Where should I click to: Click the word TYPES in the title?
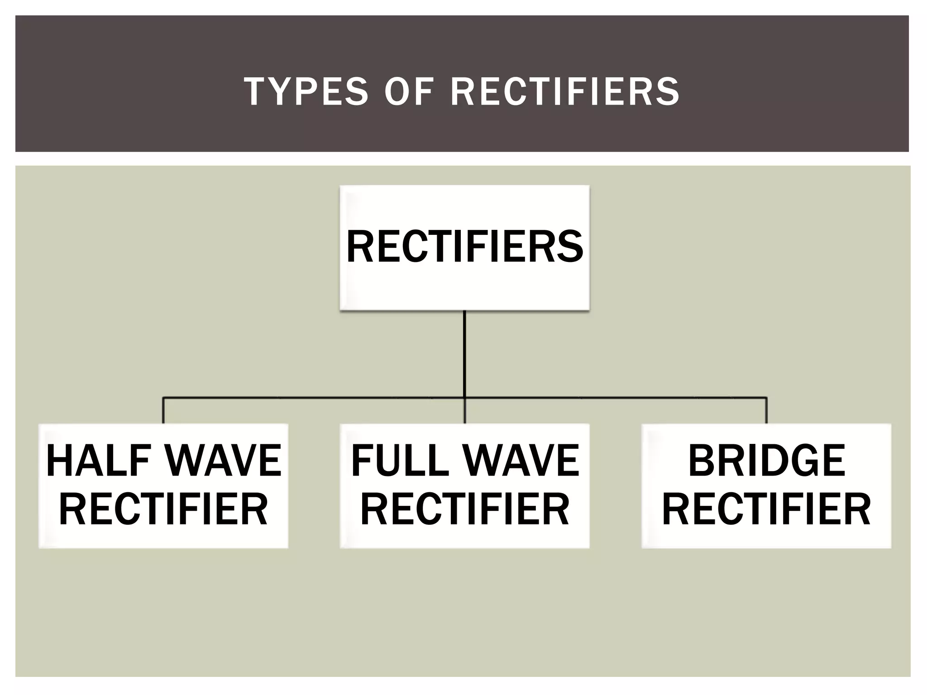[x=306, y=91]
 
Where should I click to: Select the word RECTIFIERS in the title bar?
[x=565, y=91]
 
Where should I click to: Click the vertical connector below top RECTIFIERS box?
[x=465, y=353]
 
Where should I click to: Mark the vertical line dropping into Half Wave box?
[x=163, y=410]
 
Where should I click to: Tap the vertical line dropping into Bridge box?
[x=766, y=410]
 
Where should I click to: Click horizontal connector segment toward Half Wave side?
[x=312, y=398]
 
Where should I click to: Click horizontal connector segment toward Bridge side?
[x=616, y=398]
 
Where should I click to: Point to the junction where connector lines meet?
[x=465, y=398]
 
